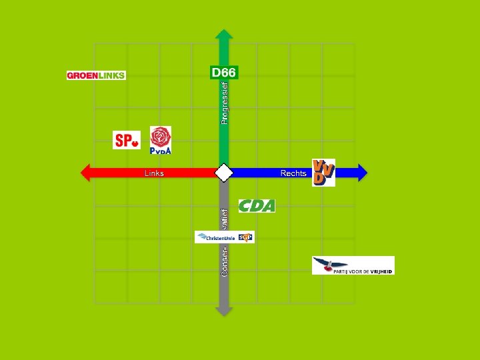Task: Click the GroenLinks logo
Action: click(x=96, y=75)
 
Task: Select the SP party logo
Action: click(x=127, y=140)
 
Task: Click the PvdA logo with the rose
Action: click(x=160, y=140)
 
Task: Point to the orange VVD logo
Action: click(x=323, y=173)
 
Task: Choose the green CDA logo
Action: click(x=257, y=206)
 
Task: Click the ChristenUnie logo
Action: click(x=215, y=237)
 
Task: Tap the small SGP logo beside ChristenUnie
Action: click(x=245, y=237)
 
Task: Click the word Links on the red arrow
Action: click(x=154, y=173)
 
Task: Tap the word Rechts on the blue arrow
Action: click(x=293, y=173)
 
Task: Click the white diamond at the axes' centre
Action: click(x=223, y=173)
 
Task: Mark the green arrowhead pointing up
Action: click(x=224, y=34)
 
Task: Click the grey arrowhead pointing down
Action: click(x=224, y=310)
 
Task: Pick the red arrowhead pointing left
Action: click(x=85, y=173)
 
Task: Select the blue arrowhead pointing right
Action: click(x=362, y=173)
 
